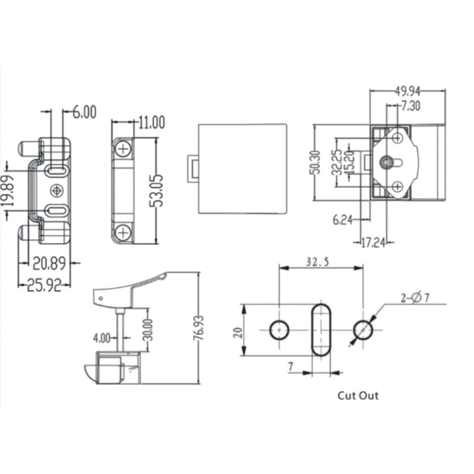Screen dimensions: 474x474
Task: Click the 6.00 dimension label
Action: (85, 112)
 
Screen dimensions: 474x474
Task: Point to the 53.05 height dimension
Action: (157, 191)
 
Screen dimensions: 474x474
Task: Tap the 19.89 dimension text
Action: (8, 191)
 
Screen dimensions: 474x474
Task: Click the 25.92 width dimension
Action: (44, 285)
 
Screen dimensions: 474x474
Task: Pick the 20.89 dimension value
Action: (49, 263)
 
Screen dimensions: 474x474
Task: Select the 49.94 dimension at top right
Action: (408, 91)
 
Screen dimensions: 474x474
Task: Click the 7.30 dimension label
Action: (411, 106)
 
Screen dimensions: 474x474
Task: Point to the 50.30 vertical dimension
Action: (315, 162)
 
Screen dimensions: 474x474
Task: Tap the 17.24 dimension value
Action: (373, 242)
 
